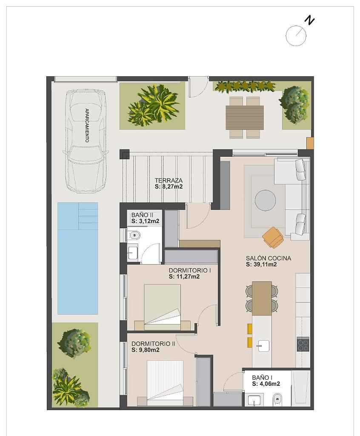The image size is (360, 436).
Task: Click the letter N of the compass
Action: pos(309,20)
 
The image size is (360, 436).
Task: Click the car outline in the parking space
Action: pos(86,141)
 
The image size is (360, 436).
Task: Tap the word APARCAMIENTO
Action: pos(87,125)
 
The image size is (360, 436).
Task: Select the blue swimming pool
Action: pos(77,258)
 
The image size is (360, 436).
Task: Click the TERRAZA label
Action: pos(169,181)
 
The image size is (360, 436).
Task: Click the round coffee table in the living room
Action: pos(265,200)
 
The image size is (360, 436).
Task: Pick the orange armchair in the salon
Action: pos(273,237)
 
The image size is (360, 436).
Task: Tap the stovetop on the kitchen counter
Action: pos(303,344)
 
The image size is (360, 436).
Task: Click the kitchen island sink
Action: pos(263,346)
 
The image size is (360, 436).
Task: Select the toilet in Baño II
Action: pos(134,235)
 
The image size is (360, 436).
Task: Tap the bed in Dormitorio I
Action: pos(163,305)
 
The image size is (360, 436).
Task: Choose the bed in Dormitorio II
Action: pos(165,381)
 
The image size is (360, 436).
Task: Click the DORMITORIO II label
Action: pos(153,344)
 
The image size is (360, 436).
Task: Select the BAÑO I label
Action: pos(262,378)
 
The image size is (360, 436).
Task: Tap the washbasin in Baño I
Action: pos(254,400)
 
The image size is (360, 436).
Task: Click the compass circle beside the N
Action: pos(296,36)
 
